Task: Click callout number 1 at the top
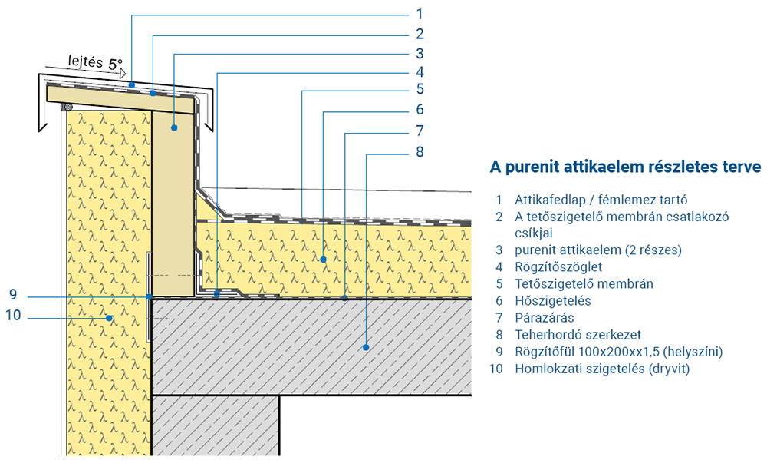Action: click(x=419, y=14)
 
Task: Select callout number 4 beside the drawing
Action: click(x=419, y=72)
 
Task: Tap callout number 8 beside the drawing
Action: click(x=419, y=151)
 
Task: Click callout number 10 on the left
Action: click(x=13, y=316)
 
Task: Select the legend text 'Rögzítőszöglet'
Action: click(x=558, y=266)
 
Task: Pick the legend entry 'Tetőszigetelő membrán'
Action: click(x=584, y=283)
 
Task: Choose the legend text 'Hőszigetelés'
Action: click(x=553, y=300)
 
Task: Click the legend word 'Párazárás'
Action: click(x=544, y=317)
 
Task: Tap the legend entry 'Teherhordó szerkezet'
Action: click(x=578, y=334)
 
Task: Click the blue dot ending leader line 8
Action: click(x=367, y=347)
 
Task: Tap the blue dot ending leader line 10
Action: click(x=110, y=316)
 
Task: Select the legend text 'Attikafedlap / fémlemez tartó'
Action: click(x=601, y=200)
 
